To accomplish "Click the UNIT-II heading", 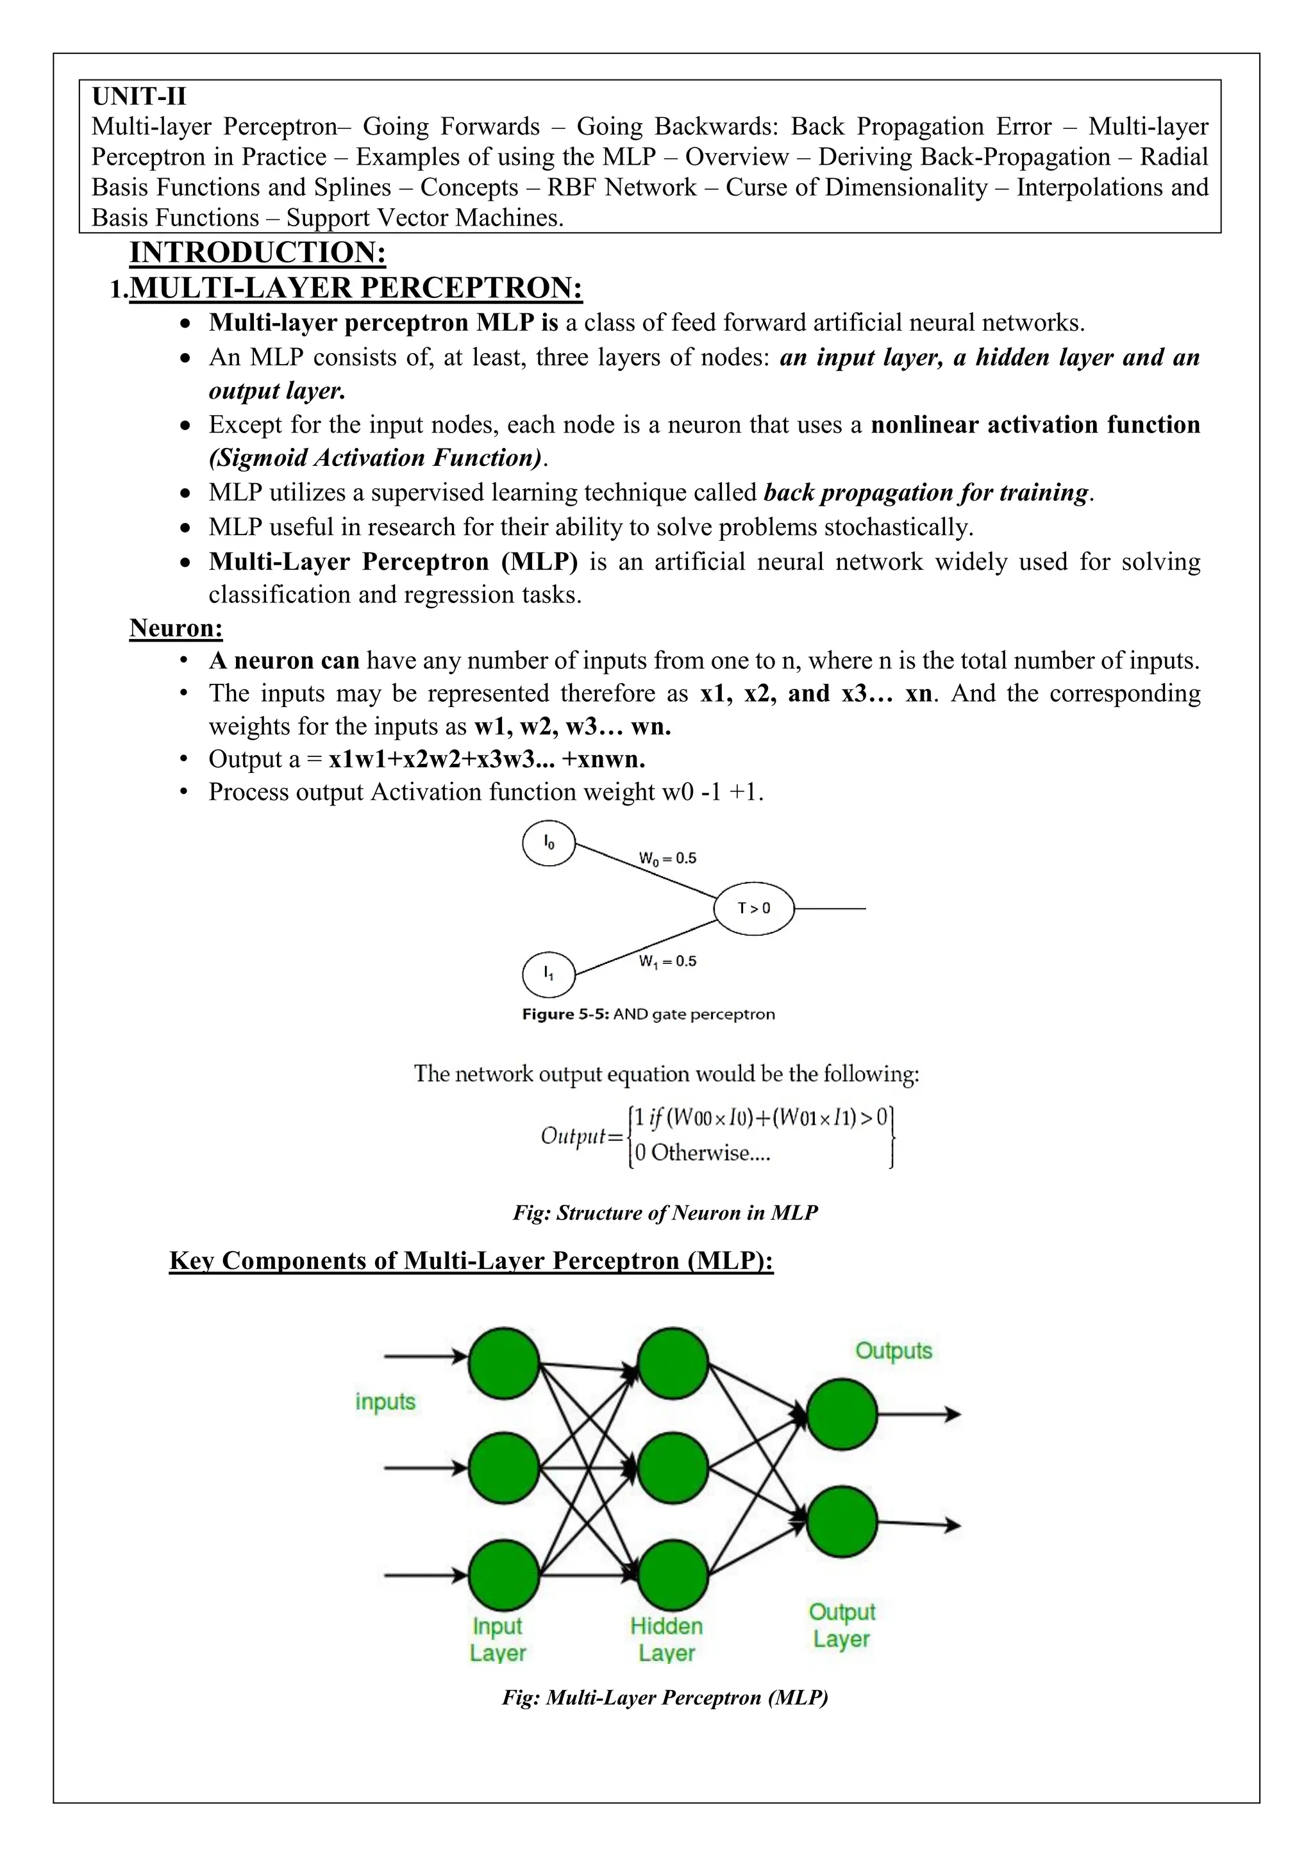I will coord(138,96).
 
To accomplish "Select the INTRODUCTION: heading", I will coord(257,253).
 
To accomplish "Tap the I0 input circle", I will coord(549,843).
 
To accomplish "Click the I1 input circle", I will coord(549,974).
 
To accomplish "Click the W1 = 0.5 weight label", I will coord(667,961).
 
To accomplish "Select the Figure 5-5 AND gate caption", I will coord(648,1014).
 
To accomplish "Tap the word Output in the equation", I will coord(573,1136).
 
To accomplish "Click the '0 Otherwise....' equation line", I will coord(702,1153).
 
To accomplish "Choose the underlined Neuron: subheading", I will coord(176,628).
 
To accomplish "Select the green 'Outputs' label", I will coord(893,1351).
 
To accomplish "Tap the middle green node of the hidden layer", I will coord(673,1467).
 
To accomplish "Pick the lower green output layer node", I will coord(842,1522).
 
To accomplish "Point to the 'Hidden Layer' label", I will coord(666,1639).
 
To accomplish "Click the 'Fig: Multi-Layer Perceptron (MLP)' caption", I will coord(665,1697).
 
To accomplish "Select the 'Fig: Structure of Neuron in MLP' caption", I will coord(665,1213).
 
